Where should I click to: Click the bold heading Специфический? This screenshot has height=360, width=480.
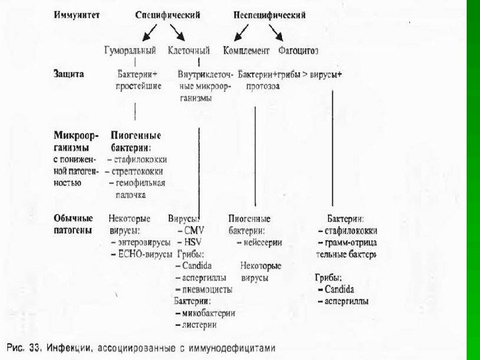[167, 15]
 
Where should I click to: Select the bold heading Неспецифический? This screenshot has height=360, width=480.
[269, 15]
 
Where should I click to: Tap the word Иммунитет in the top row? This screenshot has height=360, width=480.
[77, 15]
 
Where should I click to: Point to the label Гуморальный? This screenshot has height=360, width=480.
[131, 50]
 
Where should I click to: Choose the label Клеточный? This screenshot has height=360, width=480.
[189, 50]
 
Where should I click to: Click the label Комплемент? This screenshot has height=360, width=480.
[247, 50]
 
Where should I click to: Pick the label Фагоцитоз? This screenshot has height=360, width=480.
[300, 50]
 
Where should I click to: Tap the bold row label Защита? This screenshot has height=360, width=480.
[69, 74]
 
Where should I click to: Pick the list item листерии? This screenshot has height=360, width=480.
[200, 325]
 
